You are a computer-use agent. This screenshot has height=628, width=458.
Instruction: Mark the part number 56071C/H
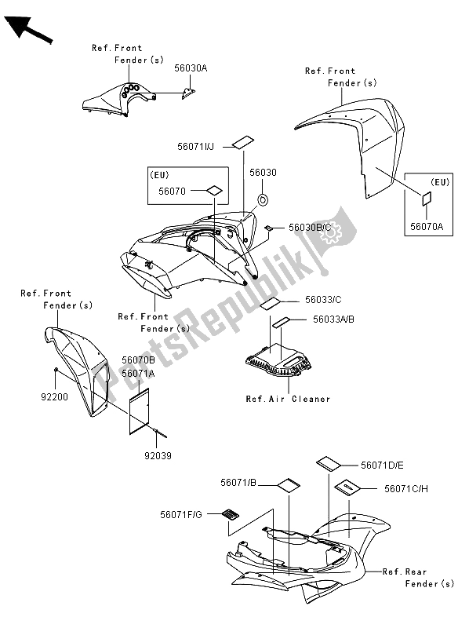point(405,487)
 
